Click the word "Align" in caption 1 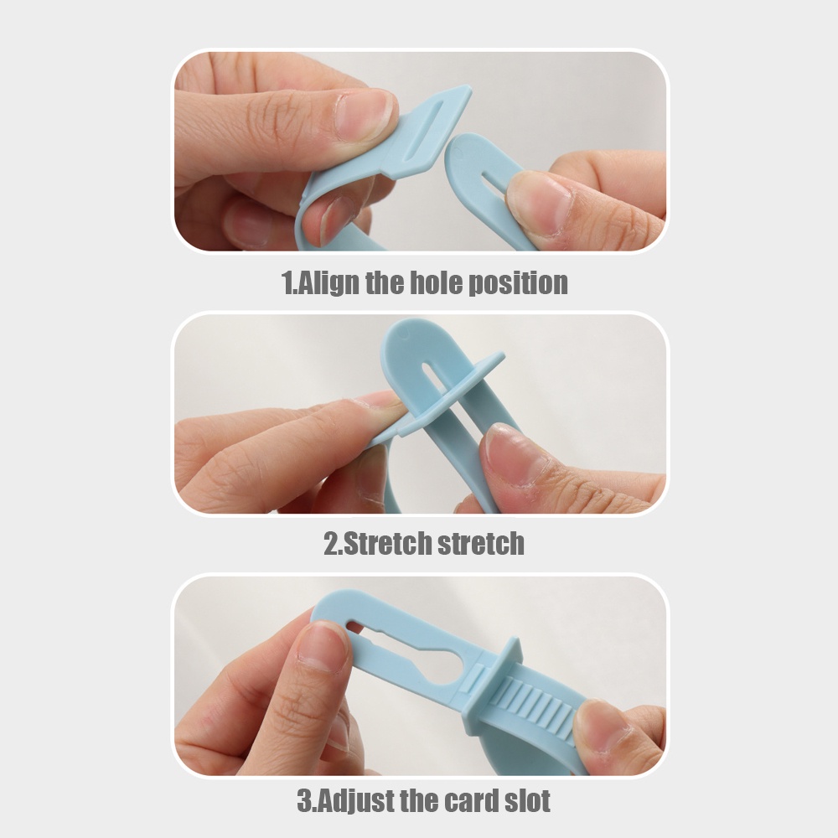point(328,282)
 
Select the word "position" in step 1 point(518,282)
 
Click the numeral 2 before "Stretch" point(330,544)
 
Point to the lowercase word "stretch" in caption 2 point(480,544)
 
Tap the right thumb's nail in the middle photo point(508,449)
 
